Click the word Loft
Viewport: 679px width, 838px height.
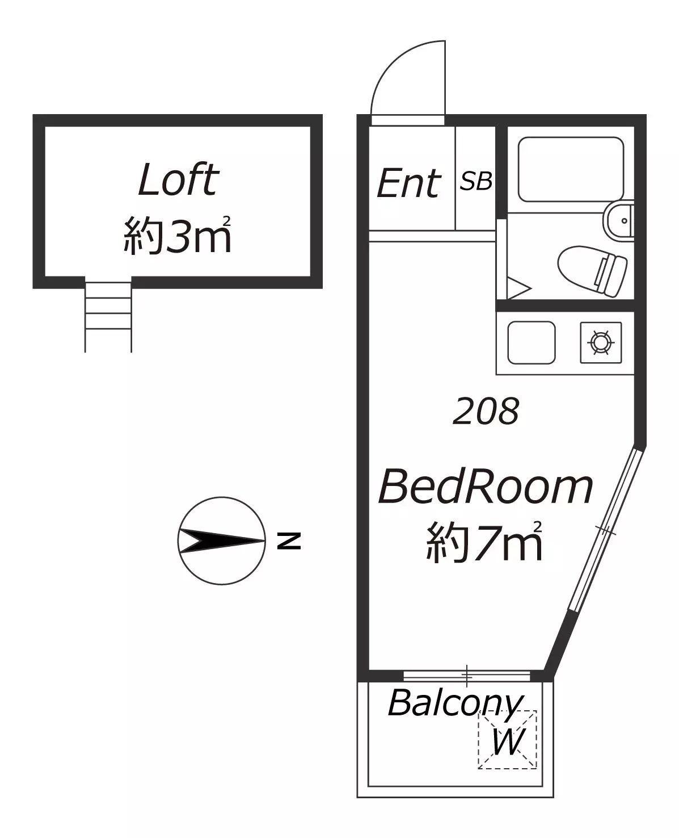[x=178, y=179]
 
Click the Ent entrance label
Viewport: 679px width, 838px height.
[x=408, y=183]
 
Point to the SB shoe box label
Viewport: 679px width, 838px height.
[x=476, y=181]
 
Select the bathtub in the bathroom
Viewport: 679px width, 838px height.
[x=571, y=170]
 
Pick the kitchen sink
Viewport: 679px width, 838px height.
[x=532, y=343]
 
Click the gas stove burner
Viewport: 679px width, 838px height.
[x=601, y=342]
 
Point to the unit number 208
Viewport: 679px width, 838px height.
[x=486, y=411]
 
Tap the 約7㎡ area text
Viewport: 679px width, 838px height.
[x=484, y=542]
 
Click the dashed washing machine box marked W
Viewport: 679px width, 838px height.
[x=507, y=739]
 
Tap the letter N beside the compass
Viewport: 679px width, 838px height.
[x=289, y=540]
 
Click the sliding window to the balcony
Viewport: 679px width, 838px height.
[x=467, y=676]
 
